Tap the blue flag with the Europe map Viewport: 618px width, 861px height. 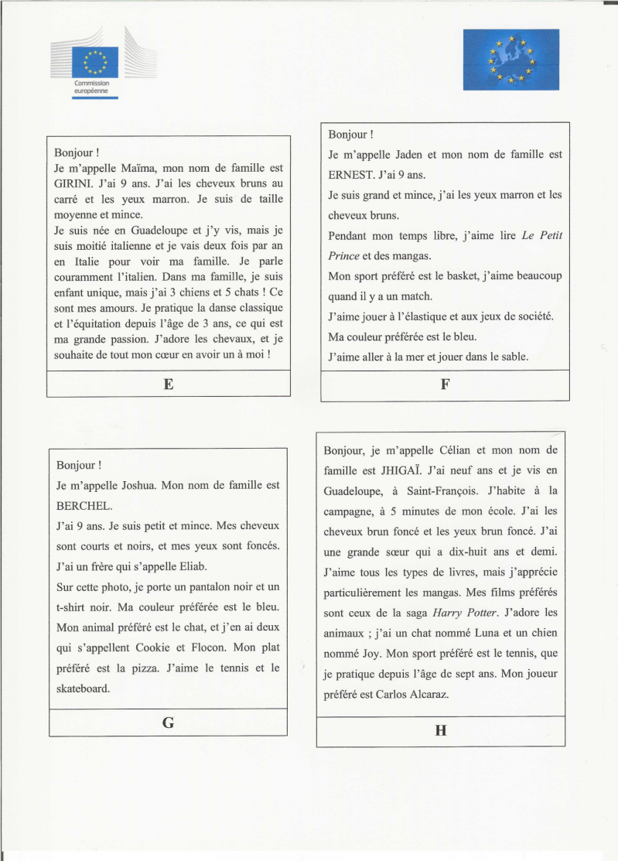point(510,59)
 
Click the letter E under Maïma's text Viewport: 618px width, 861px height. point(168,384)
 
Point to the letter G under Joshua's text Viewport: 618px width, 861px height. point(168,723)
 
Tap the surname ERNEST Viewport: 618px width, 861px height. point(351,175)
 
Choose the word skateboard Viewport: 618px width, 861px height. point(83,687)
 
